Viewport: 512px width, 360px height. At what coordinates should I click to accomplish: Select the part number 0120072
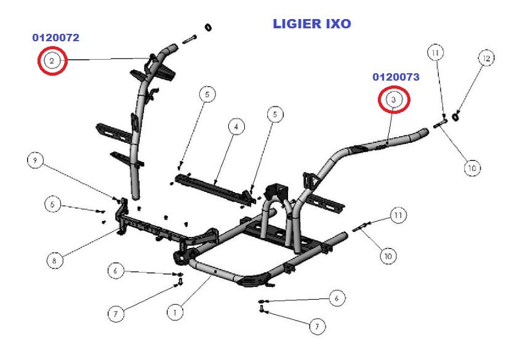(56, 38)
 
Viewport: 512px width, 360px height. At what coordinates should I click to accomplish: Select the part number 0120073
(396, 77)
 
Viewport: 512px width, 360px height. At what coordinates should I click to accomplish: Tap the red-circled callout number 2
(52, 60)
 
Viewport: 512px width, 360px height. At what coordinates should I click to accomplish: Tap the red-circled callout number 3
(394, 99)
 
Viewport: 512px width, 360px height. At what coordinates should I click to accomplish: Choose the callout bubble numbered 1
(175, 313)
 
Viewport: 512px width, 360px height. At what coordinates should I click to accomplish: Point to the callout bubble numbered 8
(55, 260)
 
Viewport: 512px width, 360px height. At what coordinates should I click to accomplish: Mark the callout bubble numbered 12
(487, 59)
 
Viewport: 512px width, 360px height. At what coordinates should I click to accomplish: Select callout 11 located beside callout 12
(436, 54)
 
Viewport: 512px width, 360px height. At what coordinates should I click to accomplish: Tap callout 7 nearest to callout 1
(114, 314)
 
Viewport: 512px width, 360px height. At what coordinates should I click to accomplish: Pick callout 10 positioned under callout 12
(472, 167)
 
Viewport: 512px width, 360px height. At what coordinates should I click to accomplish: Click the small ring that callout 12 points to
(456, 116)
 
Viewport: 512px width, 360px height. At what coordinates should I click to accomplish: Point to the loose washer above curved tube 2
(208, 27)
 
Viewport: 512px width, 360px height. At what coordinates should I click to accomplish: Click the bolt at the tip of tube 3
(441, 127)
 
